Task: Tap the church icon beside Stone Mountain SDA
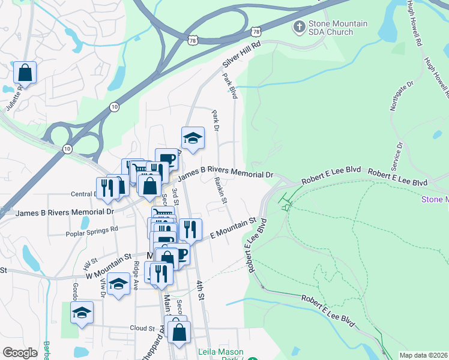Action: [x=299, y=26]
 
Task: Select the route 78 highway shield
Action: [x=256, y=31]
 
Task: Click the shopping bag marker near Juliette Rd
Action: [x=25, y=73]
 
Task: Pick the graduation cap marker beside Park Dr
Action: [x=193, y=138]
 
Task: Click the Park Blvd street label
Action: [x=230, y=86]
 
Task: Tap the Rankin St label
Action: [x=220, y=191]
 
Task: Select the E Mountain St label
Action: [x=234, y=230]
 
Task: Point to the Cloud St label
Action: [x=143, y=328]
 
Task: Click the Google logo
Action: [x=20, y=353]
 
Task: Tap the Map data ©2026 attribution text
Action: [x=423, y=355]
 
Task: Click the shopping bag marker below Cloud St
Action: [x=179, y=332]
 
